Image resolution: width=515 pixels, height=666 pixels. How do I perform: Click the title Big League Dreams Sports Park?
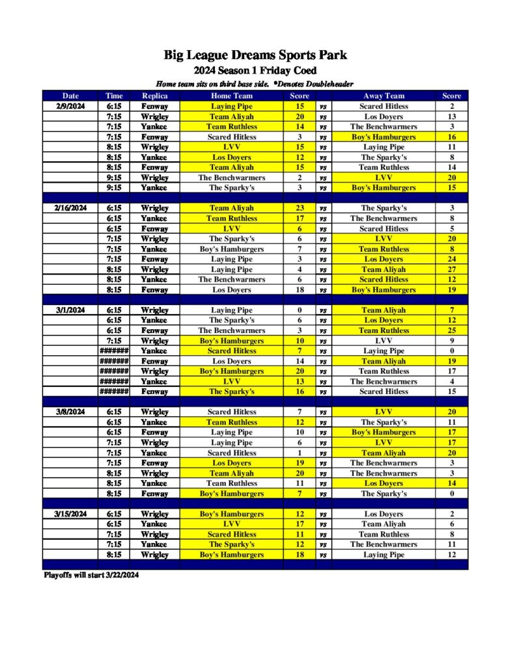pyautogui.click(x=255, y=55)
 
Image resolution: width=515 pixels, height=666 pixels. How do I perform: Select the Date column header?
pyautogui.click(x=70, y=96)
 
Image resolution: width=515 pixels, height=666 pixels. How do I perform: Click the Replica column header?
pyautogui.click(x=154, y=96)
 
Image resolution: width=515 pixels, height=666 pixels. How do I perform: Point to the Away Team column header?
pyautogui.click(x=383, y=96)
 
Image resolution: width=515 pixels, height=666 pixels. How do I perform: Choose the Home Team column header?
pyautogui.click(x=232, y=96)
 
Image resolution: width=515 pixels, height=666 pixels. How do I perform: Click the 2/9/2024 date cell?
pyautogui.click(x=70, y=106)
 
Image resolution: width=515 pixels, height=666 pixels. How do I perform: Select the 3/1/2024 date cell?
pyautogui.click(x=70, y=310)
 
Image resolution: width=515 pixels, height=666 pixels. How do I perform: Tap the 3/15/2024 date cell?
pyautogui.click(x=70, y=514)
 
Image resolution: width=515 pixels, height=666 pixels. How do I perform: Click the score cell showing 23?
pyautogui.click(x=299, y=208)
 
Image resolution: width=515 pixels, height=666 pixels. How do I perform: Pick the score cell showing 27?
pyautogui.click(x=451, y=269)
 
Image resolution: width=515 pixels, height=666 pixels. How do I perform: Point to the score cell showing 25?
pyautogui.click(x=451, y=330)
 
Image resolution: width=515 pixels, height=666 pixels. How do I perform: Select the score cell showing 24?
pyautogui.click(x=451, y=259)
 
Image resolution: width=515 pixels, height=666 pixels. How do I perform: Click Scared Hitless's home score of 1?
pyautogui.click(x=299, y=453)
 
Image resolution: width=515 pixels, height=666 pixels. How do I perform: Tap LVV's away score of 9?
pyautogui.click(x=451, y=341)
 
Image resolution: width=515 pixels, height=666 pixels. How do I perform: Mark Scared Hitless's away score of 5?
pyautogui.click(x=451, y=229)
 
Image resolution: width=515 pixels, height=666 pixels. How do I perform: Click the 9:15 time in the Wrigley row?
pyautogui.click(x=114, y=178)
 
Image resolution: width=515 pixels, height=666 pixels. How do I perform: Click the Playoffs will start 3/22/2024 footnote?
pyautogui.click(x=90, y=576)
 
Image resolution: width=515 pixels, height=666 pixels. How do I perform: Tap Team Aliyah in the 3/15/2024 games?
pyautogui.click(x=383, y=524)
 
